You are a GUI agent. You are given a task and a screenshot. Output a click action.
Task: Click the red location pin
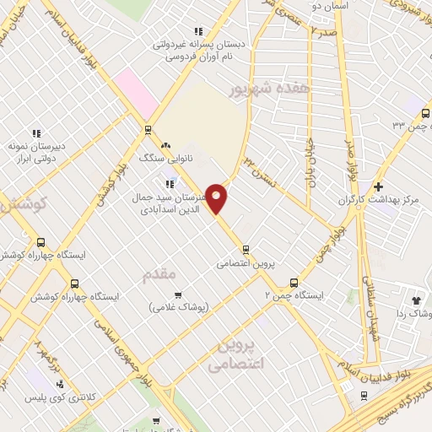217,198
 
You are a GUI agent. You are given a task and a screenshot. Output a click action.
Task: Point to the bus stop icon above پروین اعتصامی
246,249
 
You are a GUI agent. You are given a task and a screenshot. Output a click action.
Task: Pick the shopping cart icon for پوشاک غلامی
178,294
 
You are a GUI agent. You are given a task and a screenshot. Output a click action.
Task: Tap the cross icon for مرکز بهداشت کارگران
378,186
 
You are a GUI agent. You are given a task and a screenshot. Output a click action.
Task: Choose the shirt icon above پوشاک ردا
415,299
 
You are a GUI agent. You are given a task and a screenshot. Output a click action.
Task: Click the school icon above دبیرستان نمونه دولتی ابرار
35,132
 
